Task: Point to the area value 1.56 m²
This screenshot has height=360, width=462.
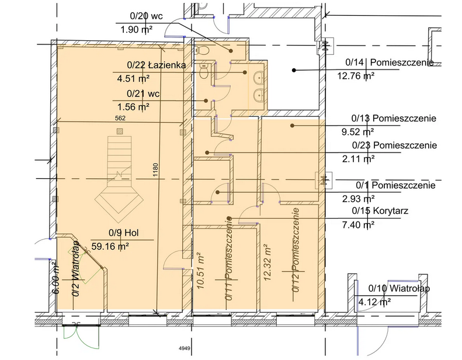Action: pyautogui.click(x=134, y=106)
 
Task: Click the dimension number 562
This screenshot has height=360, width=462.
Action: pyautogui.click(x=120, y=117)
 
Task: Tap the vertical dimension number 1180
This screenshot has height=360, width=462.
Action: pyautogui.click(x=155, y=169)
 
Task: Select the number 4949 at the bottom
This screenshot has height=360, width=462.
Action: pyautogui.click(x=185, y=349)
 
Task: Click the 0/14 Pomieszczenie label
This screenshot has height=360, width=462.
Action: pyautogui.click(x=389, y=62)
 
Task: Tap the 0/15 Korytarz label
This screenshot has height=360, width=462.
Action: pyautogui.click(x=378, y=212)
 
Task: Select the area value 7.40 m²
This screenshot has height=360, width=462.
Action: pyautogui.click(x=358, y=224)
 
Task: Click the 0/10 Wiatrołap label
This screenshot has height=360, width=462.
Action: pyautogui.click(x=399, y=289)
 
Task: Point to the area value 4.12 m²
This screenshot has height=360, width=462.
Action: pyautogui.click(x=374, y=302)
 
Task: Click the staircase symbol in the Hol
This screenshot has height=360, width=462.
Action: pyautogui.click(x=120, y=175)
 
